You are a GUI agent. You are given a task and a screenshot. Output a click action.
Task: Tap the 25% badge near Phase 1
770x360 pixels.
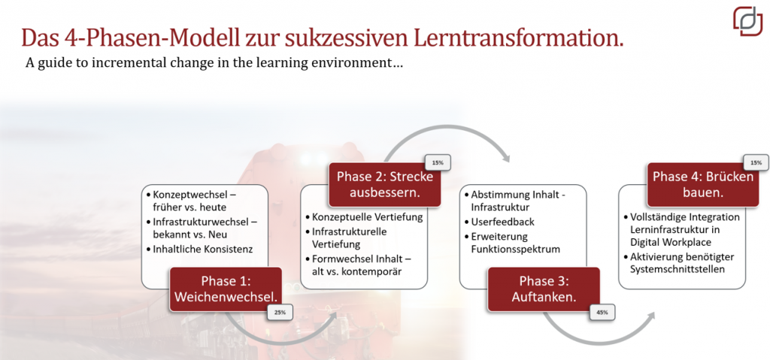click(x=280, y=312)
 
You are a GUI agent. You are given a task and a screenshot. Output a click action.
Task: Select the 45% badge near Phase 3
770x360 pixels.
click(x=602, y=312)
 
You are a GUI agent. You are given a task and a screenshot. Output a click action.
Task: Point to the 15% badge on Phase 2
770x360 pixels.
click(x=437, y=162)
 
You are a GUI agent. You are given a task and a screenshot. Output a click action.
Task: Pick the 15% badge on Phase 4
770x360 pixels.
click(x=756, y=162)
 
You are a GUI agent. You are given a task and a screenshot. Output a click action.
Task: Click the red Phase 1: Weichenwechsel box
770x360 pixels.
click(x=226, y=289)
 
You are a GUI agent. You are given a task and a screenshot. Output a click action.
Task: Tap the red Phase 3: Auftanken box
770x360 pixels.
click(x=544, y=289)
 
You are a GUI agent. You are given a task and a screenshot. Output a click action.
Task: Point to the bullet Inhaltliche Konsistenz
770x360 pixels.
click(x=203, y=249)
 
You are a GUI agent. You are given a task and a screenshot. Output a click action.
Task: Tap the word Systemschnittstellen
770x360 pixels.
click(x=678, y=270)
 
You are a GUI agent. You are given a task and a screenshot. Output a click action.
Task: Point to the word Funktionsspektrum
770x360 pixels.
click(x=516, y=249)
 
